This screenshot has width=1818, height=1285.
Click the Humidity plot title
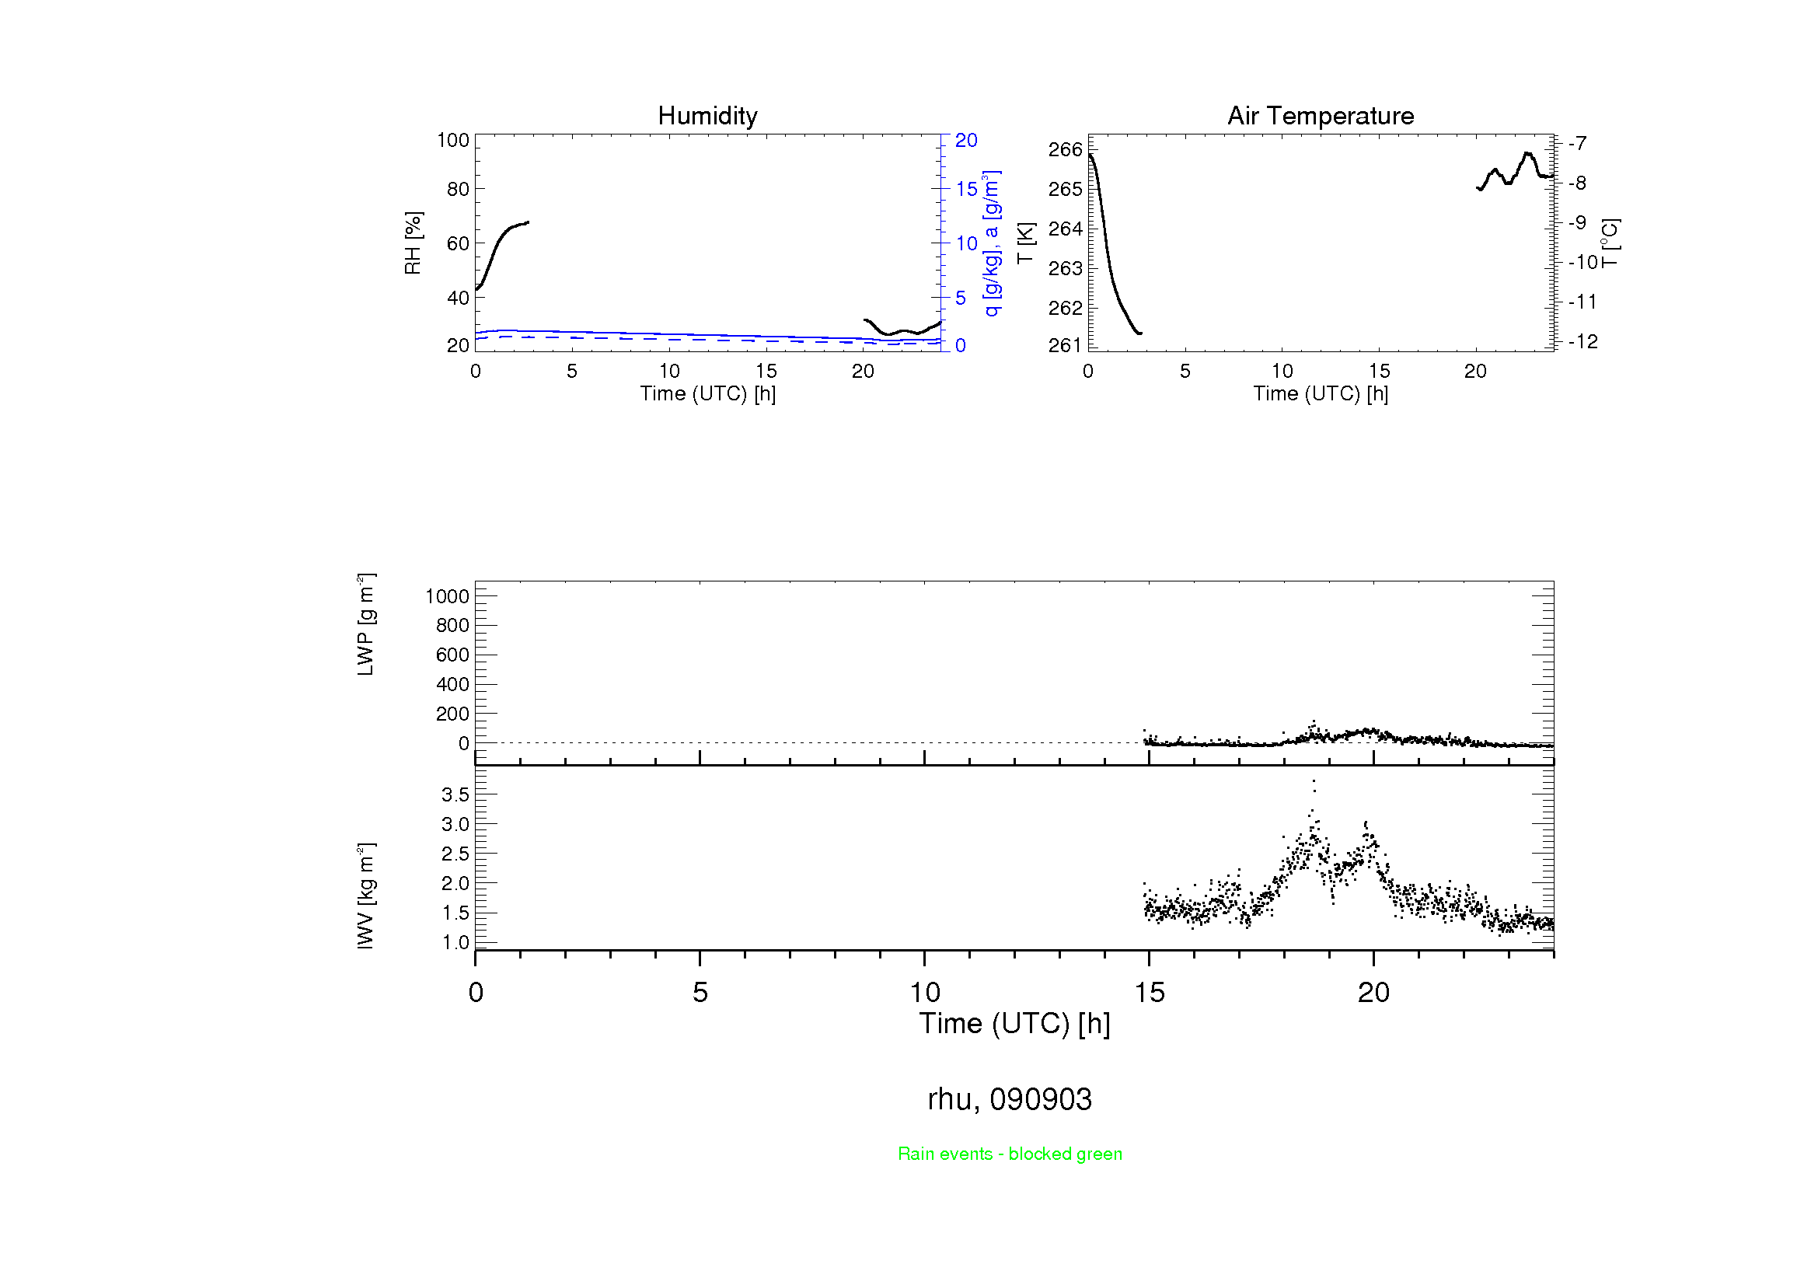pos(707,116)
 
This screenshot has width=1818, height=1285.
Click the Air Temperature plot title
pos(1320,116)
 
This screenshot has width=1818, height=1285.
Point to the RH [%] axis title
pos(413,243)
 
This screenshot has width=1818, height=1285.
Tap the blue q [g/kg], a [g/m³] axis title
pos(991,243)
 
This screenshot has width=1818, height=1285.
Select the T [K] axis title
pos(1025,243)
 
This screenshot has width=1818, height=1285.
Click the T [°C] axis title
pos(1610,243)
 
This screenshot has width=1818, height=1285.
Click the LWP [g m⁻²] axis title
pos(366,624)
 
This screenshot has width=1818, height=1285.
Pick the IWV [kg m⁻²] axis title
pos(366,896)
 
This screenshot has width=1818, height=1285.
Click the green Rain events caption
pos(1010,1154)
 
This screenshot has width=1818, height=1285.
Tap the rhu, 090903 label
pos(1010,1099)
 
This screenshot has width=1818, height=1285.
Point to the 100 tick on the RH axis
pos(453,140)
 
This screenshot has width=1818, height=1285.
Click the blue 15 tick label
pos(966,189)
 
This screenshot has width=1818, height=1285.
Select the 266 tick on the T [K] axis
pos(1065,149)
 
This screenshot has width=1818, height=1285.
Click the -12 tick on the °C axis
pos(1582,341)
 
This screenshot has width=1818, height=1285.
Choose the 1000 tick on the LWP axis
pos(448,596)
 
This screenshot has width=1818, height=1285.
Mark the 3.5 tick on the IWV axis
pos(455,794)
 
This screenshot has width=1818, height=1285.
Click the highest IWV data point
pos(1314,781)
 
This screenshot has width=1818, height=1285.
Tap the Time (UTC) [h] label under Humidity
pos(708,393)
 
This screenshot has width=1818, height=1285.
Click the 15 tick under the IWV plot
pos(1149,992)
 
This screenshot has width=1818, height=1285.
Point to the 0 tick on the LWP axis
pos(464,743)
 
